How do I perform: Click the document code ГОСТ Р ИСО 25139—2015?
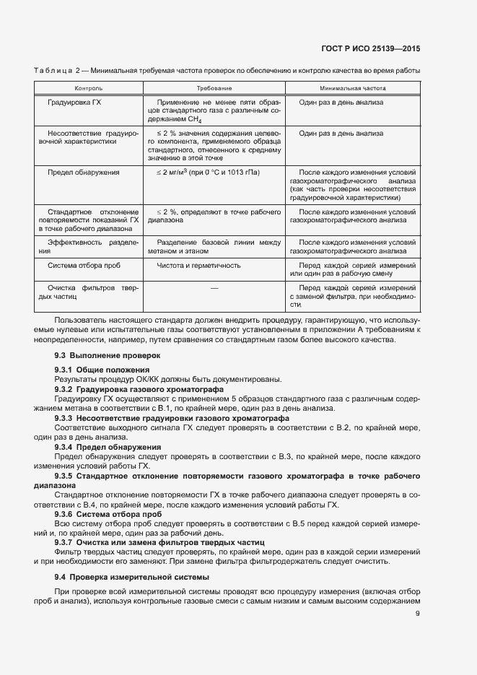click(x=371, y=48)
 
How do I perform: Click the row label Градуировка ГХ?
click(x=74, y=103)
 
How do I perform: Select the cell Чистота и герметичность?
click(x=198, y=265)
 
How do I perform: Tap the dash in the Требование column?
click(x=214, y=288)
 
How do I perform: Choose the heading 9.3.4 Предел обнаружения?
click(x=108, y=448)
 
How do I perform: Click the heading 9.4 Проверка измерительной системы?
click(x=132, y=577)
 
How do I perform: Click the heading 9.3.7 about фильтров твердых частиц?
click(x=160, y=541)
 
